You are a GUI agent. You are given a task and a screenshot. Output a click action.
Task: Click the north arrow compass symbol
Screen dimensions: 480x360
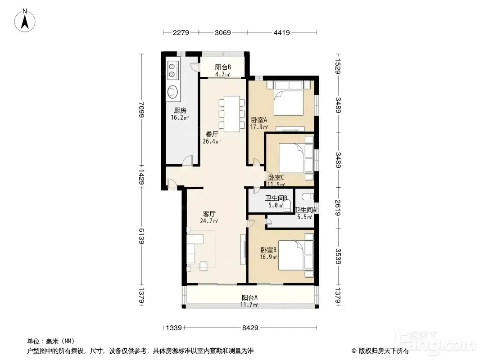pos(25,21)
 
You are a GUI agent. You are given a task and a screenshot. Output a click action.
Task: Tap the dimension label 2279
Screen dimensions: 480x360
pos(181,32)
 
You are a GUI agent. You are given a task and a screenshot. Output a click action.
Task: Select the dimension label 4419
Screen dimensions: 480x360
pos(281,32)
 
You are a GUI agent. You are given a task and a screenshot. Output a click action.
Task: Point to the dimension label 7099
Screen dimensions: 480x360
pos(141,109)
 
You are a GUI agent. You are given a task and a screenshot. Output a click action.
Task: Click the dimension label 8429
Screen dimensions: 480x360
pos(250,328)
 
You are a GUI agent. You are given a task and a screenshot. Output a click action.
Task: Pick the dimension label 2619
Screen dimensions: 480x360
pos(338,208)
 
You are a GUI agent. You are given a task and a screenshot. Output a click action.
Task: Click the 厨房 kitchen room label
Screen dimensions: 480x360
pos(180,110)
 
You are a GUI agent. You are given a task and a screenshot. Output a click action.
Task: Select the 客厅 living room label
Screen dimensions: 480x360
pos(209,214)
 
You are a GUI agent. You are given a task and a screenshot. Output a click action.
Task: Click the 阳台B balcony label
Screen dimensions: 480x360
pos(222,67)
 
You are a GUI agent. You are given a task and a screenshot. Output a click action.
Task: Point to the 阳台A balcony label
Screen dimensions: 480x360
pos(249,297)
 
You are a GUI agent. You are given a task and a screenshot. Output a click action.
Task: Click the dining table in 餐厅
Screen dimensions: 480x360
pos(232,114)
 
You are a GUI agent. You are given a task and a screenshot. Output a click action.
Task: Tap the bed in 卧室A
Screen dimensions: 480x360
pos(289,98)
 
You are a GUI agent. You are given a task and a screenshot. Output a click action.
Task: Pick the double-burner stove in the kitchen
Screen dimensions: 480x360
pos(172,70)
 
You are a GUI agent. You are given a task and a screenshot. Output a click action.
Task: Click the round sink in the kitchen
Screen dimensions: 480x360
pos(172,91)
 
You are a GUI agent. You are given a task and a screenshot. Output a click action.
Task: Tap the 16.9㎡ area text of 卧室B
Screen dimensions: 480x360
pos(268,257)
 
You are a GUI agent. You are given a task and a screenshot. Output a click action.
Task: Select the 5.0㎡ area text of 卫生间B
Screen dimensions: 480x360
pos(276,205)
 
